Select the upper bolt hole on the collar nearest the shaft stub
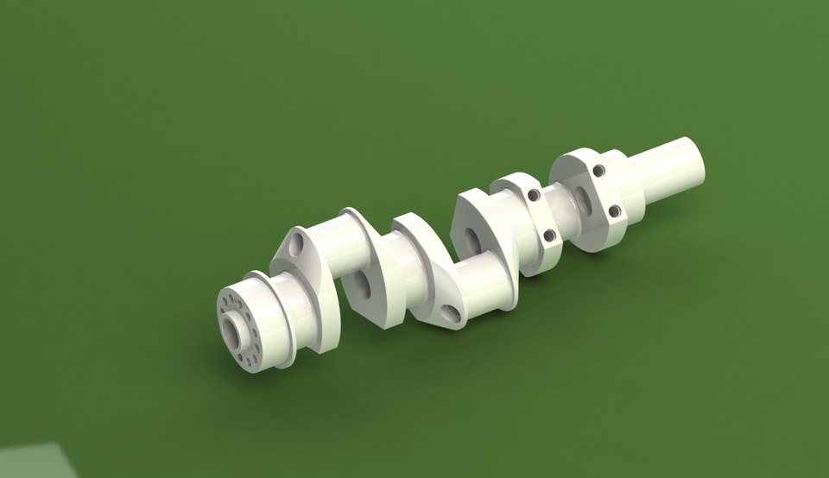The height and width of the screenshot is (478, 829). pos(598,171)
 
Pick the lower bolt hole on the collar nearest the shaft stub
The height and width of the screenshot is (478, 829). pos(614,211)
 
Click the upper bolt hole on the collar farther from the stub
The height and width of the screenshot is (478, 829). pos(534,195)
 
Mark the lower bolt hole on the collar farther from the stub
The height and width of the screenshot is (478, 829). pos(549,235)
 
